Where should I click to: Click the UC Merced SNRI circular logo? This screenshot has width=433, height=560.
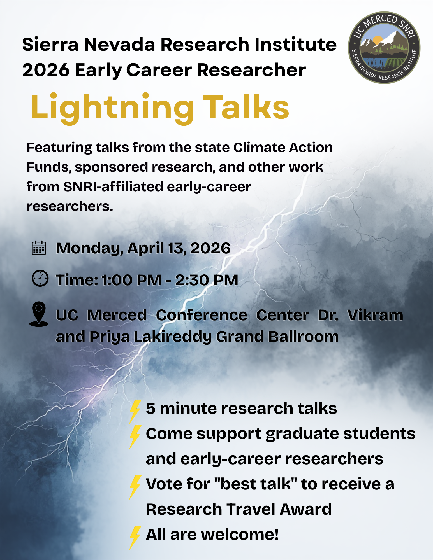pos(384,48)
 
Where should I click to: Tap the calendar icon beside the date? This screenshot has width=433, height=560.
pos(39,248)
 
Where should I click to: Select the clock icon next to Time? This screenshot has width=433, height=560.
pos(40,278)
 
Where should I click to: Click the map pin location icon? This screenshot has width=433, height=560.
pos(39,314)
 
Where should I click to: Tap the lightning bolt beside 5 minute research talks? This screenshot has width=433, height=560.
pos(135,411)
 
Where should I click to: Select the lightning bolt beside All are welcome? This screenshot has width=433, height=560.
pos(135,537)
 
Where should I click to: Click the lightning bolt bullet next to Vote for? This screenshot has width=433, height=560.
pos(135,487)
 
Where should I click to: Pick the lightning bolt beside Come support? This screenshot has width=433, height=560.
pos(135,437)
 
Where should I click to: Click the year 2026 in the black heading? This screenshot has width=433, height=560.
pos(46,70)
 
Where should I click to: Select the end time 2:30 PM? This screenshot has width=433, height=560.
pos(207,280)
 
